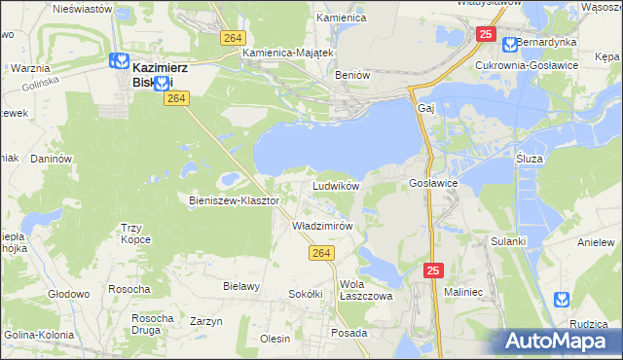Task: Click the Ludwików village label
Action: pyautogui.click(x=337, y=185)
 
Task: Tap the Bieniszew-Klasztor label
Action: pyautogui.click(x=234, y=200)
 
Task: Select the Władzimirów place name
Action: pyautogui.click(x=321, y=225)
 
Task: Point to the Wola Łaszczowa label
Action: pyautogui.click(x=365, y=291)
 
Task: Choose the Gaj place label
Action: pyautogui.click(x=424, y=108)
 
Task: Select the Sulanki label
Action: pyautogui.click(x=508, y=240)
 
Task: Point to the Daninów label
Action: pyautogui.click(x=52, y=158)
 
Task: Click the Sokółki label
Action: pyautogui.click(x=305, y=293)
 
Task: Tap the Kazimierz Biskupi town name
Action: pyautogui.click(x=160, y=75)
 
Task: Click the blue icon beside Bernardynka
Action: pyautogui.click(x=509, y=44)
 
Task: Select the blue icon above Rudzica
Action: pyautogui.click(x=561, y=300)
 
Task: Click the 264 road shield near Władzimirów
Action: pyautogui.click(x=324, y=253)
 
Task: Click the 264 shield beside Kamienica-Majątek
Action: pyautogui.click(x=231, y=37)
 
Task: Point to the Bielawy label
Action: pyautogui.click(x=241, y=286)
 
